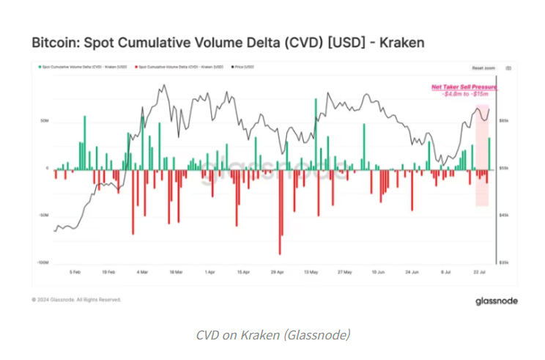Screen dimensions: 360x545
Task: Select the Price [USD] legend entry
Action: tap(245, 67)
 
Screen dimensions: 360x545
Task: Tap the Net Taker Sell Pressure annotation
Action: tap(464, 87)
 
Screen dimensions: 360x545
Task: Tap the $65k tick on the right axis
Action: tap(505, 121)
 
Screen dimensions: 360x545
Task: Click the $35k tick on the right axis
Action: tap(505, 262)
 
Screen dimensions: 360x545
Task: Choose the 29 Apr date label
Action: tap(277, 271)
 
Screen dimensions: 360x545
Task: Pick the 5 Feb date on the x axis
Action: tap(75, 271)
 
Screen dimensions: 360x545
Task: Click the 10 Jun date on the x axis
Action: tap(378, 271)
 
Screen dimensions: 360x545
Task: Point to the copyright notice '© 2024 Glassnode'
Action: tap(77, 300)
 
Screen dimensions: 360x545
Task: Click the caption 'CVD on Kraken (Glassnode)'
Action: tap(272, 335)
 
